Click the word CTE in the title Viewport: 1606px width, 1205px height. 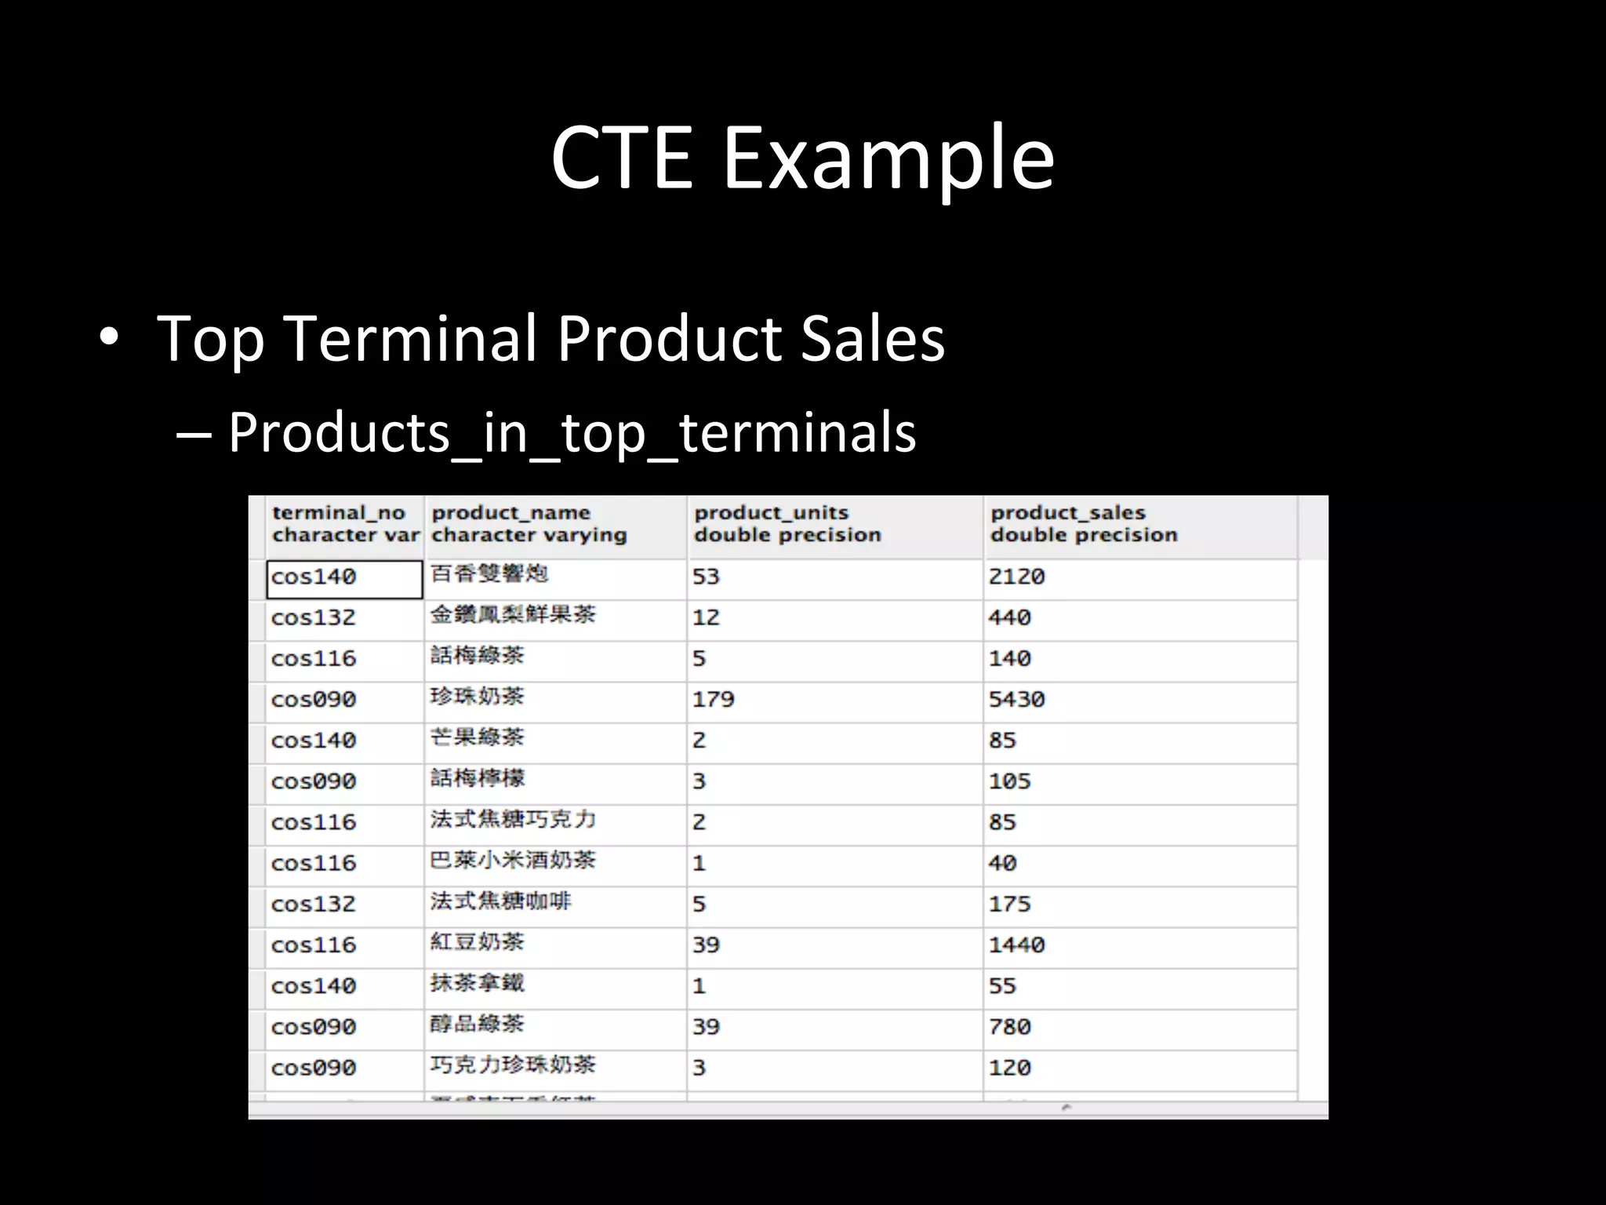[x=621, y=158]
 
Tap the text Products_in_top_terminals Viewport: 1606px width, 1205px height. [x=572, y=433]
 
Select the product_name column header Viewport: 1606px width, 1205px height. [x=529, y=524]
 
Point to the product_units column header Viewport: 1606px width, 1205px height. [x=787, y=524]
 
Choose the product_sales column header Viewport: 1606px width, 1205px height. [x=1083, y=524]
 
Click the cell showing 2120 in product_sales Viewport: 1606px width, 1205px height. [x=1016, y=577]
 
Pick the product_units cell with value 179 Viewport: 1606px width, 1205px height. [x=713, y=699]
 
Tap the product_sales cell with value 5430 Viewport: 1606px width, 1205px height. [x=1016, y=699]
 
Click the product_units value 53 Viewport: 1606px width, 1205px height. [x=706, y=577]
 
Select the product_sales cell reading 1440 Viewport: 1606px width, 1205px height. [x=1016, y=945]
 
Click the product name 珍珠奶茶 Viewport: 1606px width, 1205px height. [x=477, y=697]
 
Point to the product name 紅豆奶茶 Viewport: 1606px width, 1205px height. [x=477, y=942]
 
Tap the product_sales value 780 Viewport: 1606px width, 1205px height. [x=1009, y=1026]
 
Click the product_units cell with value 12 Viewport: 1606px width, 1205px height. [x=706, y=617]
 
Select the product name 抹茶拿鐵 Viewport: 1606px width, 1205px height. [x=477, y=983]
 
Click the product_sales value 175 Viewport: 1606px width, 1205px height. [x=1009, y=904]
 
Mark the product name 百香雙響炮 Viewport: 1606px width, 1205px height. [x=489, y=574]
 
